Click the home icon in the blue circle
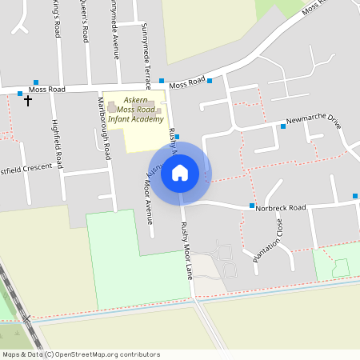(180, 172)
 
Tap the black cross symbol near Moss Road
(28, 101)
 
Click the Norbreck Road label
(282, 208)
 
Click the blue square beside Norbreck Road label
(252, 206)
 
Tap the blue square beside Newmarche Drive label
(283, 126)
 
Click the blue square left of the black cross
(20, 94)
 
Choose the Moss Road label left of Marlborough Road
(46, 90)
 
